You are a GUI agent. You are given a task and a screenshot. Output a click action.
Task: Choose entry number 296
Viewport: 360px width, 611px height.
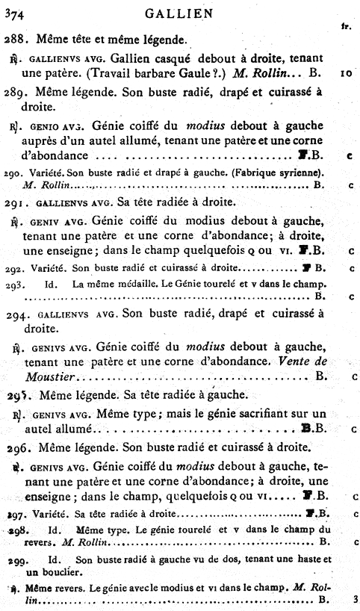tap(16, 447)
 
